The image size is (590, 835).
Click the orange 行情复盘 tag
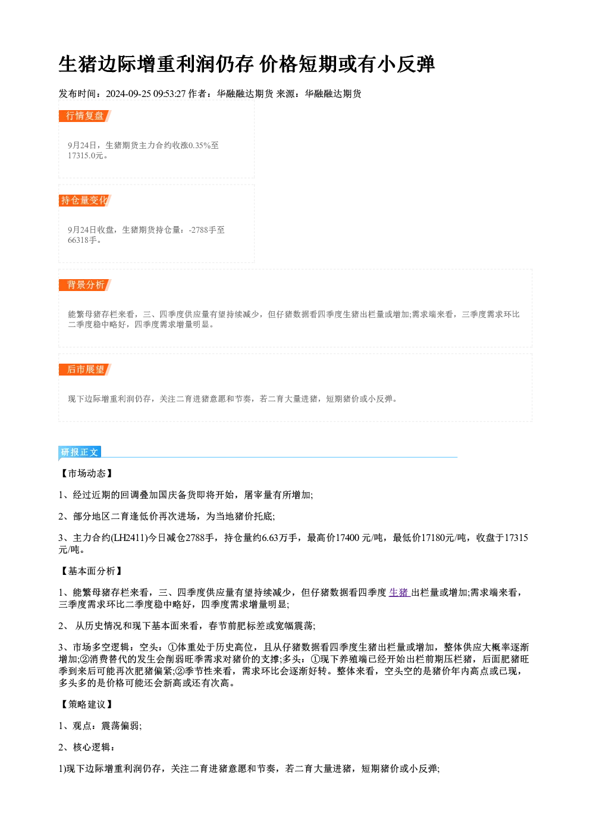coord(84,116)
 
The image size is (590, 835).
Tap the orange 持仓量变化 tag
coord(84,201)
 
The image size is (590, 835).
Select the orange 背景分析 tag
coord(84,285)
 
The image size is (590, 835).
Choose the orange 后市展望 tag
coord(84,370)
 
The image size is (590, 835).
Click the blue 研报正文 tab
coord(80,452)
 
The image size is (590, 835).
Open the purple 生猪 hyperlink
coord(399,592)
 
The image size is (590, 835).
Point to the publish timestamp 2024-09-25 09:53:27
coord(146,93)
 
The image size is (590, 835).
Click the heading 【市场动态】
coord(87,473)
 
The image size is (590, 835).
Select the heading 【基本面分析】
coord(91,571)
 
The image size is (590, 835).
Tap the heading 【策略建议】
coord(87,704)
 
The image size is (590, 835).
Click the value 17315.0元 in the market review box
coord(86,156)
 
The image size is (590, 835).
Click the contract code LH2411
coord(129,538)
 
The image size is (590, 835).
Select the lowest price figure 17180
coord(433,538)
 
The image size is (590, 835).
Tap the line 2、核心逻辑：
coord(87,747)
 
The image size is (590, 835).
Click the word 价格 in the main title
coord(278,64)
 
